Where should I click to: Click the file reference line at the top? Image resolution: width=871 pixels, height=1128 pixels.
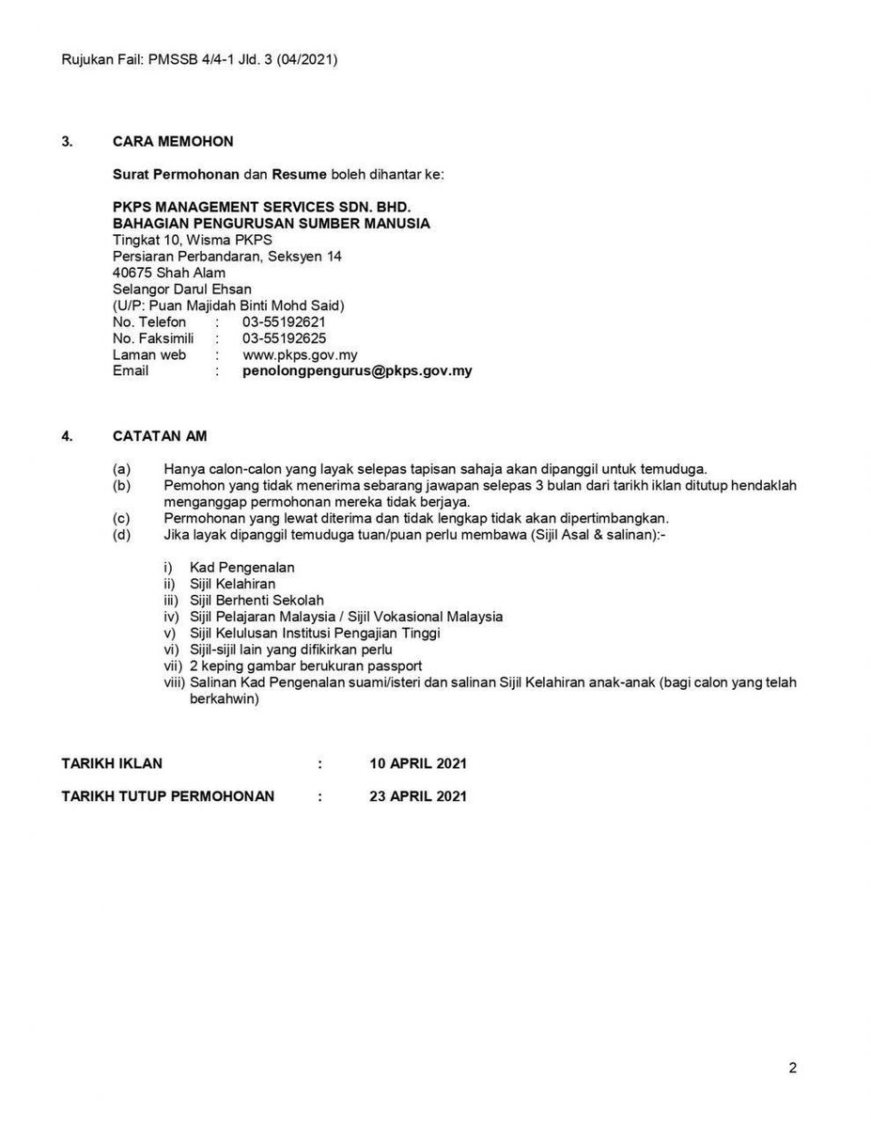coord(199,59)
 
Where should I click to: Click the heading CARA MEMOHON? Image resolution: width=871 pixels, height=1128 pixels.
coord(173,142)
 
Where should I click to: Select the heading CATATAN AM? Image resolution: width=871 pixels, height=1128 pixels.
coord(160,436)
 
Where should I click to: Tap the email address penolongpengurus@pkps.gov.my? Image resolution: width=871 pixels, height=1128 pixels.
coord(357,371)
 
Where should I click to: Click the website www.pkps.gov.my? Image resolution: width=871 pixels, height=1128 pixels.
coord(300,355)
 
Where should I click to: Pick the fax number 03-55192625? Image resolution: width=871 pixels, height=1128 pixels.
coord(285,338)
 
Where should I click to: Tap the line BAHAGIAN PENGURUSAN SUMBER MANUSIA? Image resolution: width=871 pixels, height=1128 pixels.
coord(272,224)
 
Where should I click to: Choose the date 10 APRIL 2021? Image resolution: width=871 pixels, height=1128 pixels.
coord(418,763)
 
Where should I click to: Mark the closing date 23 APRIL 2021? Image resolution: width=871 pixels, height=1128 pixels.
coord(418,796)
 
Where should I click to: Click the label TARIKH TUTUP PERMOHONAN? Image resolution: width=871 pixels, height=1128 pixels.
coord(168,796)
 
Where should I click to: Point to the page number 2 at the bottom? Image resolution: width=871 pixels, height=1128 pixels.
coord(792,1068)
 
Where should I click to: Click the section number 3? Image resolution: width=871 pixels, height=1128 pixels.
coord(67,142)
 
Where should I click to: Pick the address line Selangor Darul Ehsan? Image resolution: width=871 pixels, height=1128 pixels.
coord(181,289)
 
